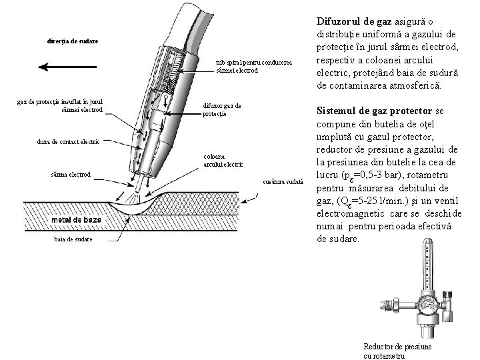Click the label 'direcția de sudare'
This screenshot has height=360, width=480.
[73, 41]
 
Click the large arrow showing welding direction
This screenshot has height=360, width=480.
[63, 66]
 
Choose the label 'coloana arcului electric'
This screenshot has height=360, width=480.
[223, 161]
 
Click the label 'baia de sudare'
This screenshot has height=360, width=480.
[74, 239]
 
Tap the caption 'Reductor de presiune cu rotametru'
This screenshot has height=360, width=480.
[397, 351]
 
